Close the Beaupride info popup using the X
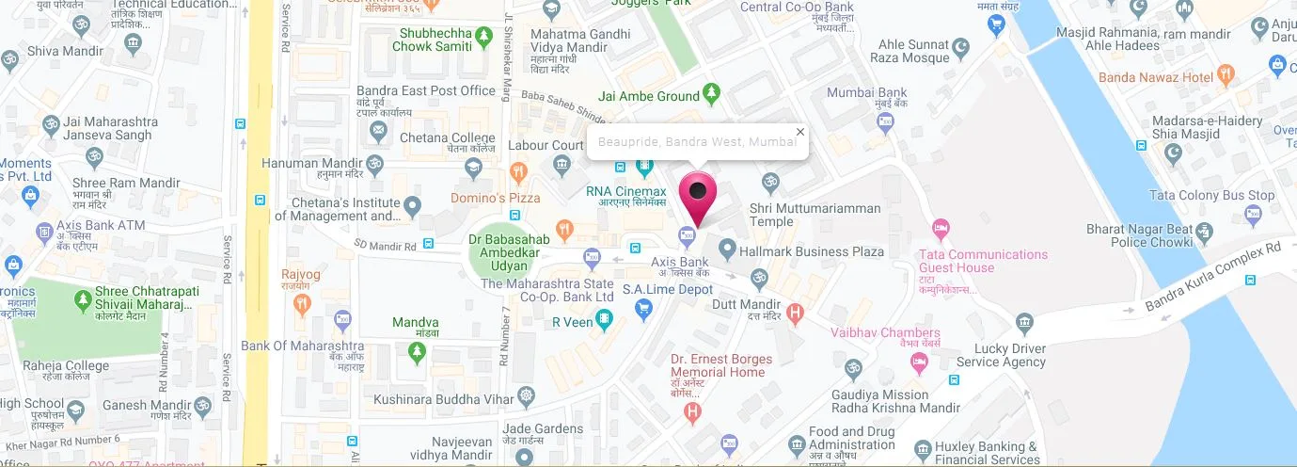tap(800, 132)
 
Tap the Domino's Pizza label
tap(496, 198)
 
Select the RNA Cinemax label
tap(625, 191)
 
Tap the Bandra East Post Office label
tap(425, 91)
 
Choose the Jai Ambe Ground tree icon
tap(712, 94)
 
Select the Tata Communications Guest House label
tap(984, 261)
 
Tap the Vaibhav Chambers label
tap(885, 332)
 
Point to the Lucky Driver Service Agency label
tap(1001, 355)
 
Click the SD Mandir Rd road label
tap(386, 244)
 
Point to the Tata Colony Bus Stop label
tap(1211, 196)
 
